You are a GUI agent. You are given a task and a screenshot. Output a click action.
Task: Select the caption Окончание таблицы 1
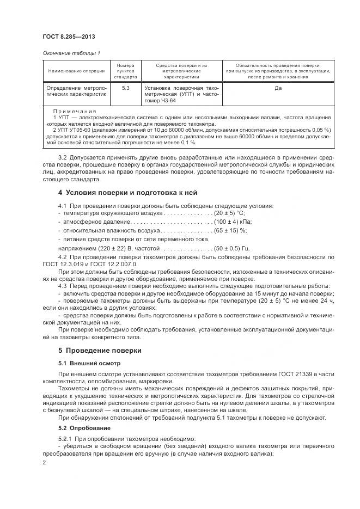tap(71, 53)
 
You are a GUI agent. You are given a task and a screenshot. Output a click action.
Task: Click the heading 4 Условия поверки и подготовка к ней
tap(127, 193)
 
